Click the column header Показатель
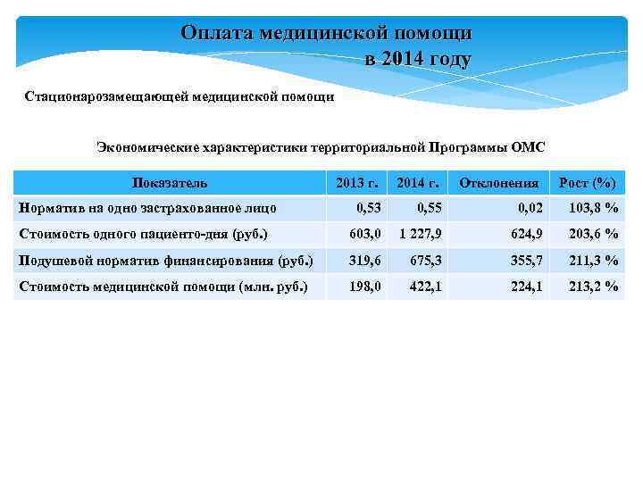(170, 183)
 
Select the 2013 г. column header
(356, 183)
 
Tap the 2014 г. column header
(417, 183)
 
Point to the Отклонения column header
(498, 183)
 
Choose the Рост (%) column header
(587, 183)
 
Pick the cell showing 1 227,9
(419, 234)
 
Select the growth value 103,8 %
(594, 208)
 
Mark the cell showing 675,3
(425, 261)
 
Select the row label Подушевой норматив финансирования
(166, 261)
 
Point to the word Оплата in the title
(217, 33)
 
